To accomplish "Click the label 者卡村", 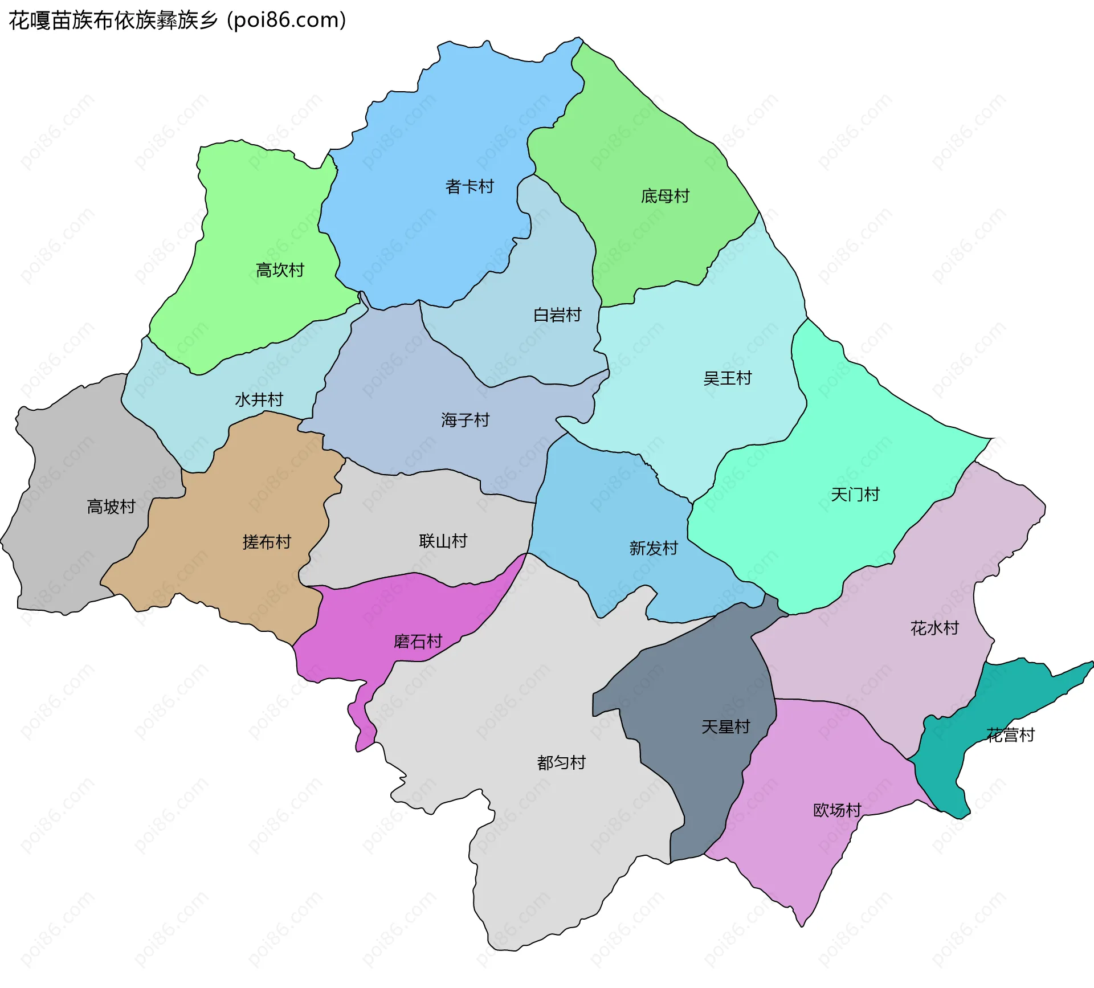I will point(469,186).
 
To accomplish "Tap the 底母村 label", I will point(665,196).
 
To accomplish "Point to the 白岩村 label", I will point(557,315).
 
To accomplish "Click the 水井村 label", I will point(259,399).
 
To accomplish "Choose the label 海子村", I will point(465,420).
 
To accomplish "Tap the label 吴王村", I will point(727,378).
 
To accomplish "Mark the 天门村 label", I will point(855,494).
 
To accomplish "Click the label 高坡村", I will point(111,506).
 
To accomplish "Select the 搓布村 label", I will point(267,541).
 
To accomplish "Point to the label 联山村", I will point(443,541).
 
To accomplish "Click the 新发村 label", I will point(653,548).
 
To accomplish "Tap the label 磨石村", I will point(418,642).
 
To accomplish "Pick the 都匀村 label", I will point(561,762).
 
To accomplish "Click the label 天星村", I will point(725,726).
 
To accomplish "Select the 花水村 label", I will point(934,628).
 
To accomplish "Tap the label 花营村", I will point(1010,735).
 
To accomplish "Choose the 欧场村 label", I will point(836,810).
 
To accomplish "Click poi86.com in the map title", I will point(286,20).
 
